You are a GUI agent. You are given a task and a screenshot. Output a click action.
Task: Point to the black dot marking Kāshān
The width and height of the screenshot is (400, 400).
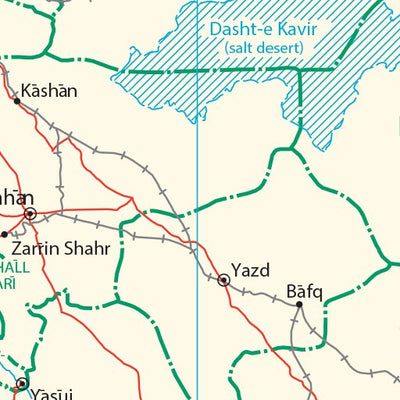[17, 100]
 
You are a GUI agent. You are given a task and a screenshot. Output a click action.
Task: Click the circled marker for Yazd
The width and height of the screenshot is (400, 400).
[223, 281]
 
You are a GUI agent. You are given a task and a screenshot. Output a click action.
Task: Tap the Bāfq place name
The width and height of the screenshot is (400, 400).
[305, 291]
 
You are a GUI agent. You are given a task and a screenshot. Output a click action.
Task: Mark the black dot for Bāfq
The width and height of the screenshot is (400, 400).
[298, 304]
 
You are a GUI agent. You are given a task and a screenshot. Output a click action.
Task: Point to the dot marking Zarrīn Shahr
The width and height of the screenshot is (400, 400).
[4, 234]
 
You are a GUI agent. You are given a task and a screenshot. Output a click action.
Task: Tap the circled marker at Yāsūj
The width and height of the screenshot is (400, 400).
[22, 383]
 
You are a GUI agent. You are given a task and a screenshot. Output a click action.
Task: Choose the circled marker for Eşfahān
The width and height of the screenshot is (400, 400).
[31, 213]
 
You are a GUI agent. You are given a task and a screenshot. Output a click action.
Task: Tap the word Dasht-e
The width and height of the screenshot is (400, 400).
[235, 30]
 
